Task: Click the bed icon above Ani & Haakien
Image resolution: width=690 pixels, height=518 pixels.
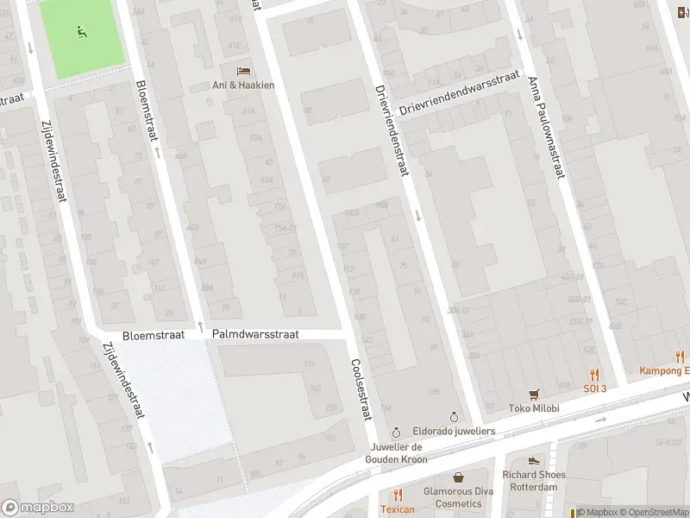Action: [x=243, y=70]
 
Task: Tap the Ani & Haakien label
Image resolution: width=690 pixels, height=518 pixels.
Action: [x=243, y=85]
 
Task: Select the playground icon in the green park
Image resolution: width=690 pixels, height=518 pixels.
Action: [x=82, y=33]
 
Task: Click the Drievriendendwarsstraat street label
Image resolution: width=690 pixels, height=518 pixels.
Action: [x=460, y=94]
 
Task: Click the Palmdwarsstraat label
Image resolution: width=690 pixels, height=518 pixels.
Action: [x=254, y=333]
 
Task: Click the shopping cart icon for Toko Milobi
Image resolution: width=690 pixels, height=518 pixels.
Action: [x=535, y=393]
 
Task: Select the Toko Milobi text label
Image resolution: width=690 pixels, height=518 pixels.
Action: [x=535, y=408]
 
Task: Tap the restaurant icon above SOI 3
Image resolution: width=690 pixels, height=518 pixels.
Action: [x=593, y=375]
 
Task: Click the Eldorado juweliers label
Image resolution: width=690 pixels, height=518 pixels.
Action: [x=454, y=430]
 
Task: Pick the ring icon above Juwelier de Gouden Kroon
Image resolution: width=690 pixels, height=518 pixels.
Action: [x=396, y=432]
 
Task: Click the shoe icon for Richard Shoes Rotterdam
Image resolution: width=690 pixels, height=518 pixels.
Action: [x=534, y=460]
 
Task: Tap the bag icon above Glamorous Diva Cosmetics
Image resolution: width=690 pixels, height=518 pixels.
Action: [x=458, y=477]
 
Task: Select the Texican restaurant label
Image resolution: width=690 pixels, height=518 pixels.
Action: [x=398, y=509]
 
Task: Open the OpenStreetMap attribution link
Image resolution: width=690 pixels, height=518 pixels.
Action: [x=653, y=512]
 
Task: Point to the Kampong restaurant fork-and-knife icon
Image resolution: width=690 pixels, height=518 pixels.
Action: [x=680, y=356]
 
